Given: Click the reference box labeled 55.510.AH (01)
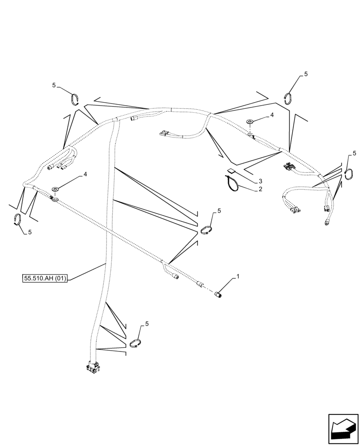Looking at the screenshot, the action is tap(45, 279).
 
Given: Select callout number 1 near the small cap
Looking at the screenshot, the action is tap(237, 277).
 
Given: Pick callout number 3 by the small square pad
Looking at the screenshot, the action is tap(261, 181).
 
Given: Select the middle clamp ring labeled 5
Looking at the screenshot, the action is tap(206, 230).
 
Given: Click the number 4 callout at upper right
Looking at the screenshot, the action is tap(271, 115).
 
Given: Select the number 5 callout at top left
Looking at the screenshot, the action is tap(54, 85).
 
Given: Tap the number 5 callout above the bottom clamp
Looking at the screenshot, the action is tap(147, 324).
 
